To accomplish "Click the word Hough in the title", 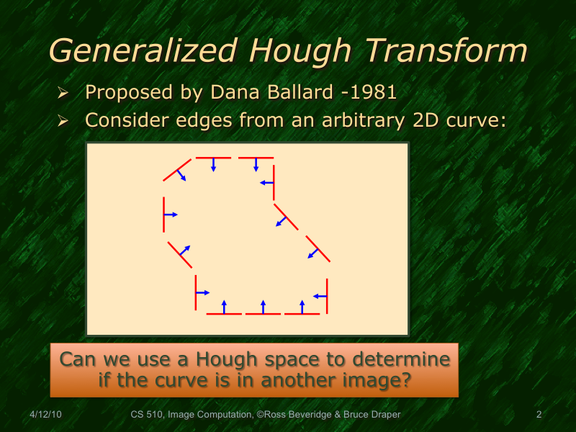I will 302,52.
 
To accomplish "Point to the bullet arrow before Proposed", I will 63,94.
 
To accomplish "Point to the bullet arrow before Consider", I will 63,121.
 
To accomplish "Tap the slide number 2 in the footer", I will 539,415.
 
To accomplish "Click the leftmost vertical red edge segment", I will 164,215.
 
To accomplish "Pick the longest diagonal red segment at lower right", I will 318,248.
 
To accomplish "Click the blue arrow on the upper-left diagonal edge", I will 182,175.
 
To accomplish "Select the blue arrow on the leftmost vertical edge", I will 171,215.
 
